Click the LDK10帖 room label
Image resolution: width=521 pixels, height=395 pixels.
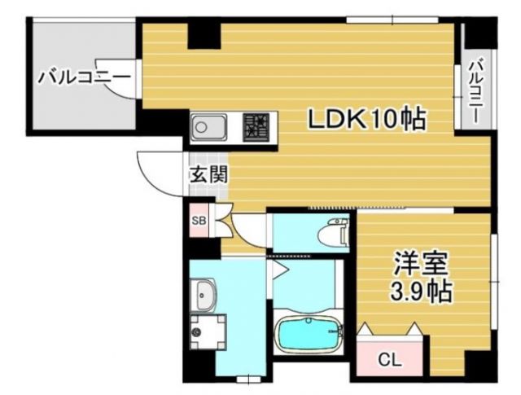click(x=366, y=120)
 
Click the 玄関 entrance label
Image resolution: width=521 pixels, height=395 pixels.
click(x=208, y=174)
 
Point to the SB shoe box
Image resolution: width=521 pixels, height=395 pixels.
click(x=199, y=221)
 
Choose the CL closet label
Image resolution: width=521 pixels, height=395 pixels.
click(x=390, y=358)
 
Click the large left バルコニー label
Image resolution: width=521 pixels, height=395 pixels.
click(x=84, y=78)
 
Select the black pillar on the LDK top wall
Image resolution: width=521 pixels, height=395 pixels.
click(x=204, y=34)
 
